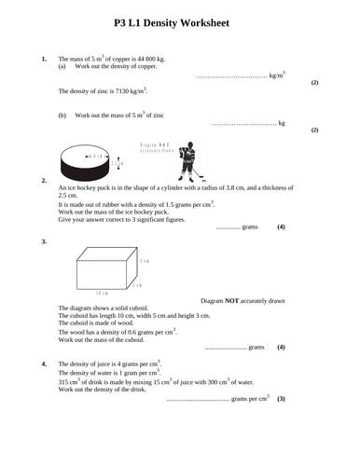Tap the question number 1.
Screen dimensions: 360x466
pyautogui.click(x=44, y=59)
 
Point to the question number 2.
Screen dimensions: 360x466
pyautogui.click(x=44, y=179)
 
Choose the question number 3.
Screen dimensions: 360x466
pyautogui.click(x=44, y=241)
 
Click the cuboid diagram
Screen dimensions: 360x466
pyautogui.click(x=104, y=267)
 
